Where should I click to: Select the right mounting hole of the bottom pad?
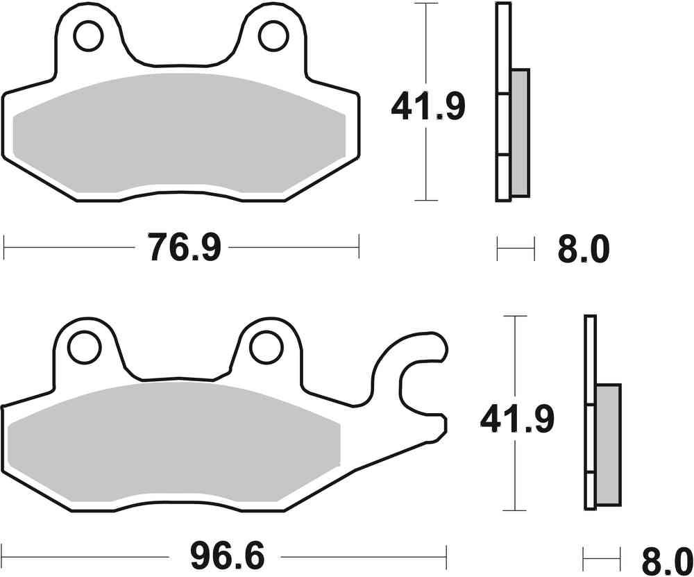[266, 347]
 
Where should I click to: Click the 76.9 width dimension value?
[184, 246]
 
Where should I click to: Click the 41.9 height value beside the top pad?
[428, 107]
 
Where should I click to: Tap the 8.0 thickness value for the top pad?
[582, 248]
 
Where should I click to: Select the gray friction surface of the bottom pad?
[173, 444]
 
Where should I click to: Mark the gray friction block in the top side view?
[519, 132]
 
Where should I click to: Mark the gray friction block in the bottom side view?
[609, 444]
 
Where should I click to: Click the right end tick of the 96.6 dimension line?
[446, 556]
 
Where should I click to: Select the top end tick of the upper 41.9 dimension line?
[425, 3]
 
